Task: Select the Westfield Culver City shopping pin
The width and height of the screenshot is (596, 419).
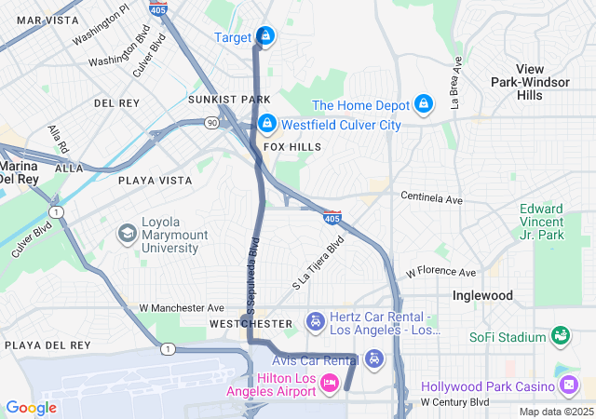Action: pyautogui.click(x=267, y=123)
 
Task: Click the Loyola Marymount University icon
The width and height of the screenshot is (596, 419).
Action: pyautogui.click(x=126, y=232)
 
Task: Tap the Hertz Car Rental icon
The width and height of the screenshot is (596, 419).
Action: pyautogui.click(x=316, y=322)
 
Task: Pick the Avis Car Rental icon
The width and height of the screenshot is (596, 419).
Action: pyautogui.click(x=373, y=358)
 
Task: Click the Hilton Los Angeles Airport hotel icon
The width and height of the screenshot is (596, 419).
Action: pyautogui.click(x=330, y=382)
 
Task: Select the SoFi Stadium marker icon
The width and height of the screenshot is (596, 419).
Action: pyautogui.click(x=560, y=334)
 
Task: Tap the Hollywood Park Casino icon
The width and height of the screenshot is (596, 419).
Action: pyautogui.click(x=569, y=385)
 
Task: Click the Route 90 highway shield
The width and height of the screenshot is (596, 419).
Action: pyautogui.click(x=212, y=122)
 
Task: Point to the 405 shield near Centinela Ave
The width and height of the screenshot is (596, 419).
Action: pyautogui.click(x=332, y=217)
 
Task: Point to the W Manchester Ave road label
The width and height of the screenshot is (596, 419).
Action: pyautogui.click(x=182, y=307)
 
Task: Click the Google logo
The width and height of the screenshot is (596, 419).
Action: pyautogui.click(x=31, y=408)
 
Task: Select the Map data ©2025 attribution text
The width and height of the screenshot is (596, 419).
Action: pyautogui.click(x=555, y=412)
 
